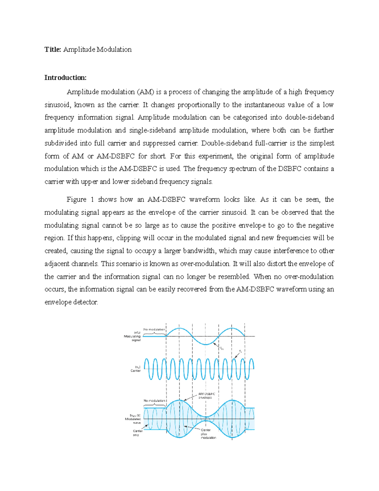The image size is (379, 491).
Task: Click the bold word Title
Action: pos(52,49)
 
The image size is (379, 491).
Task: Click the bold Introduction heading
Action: pos(65,78)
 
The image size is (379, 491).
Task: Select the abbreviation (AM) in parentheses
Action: pos(145,92)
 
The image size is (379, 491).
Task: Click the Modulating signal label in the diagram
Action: pos(133,336)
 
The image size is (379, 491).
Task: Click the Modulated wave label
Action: pos(133,419)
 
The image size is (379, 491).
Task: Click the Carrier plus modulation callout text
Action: pos(208,434)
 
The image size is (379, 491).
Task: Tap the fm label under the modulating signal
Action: pos(222,349)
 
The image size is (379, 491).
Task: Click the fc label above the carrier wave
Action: pos(240,351)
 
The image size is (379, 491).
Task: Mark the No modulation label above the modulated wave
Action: pos(154,401)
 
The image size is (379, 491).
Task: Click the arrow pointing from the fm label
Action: pos(217,345)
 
